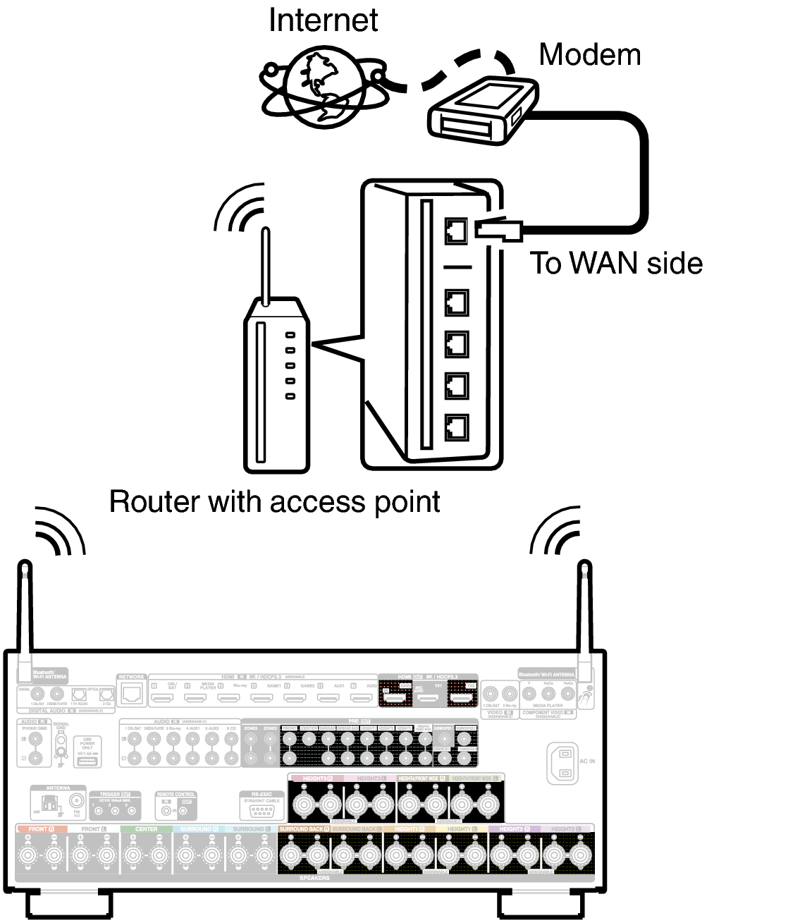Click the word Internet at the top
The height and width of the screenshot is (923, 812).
coord(323,20)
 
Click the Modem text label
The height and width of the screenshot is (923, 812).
coord(589,55)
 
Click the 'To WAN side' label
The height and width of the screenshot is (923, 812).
coord(616,264)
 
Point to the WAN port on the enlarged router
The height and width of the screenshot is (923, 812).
coord(457,230)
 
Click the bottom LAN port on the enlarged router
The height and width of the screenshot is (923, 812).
coord(457,427)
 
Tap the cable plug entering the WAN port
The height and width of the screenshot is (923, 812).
coord(498,229)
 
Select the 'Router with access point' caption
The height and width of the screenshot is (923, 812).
coord(275,502)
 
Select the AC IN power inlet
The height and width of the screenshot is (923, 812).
coord(562,764)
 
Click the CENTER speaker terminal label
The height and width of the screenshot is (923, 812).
coord(147,829)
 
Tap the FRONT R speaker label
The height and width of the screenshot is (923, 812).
coord(41,829)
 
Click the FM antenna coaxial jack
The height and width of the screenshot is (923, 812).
coord(76,802)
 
